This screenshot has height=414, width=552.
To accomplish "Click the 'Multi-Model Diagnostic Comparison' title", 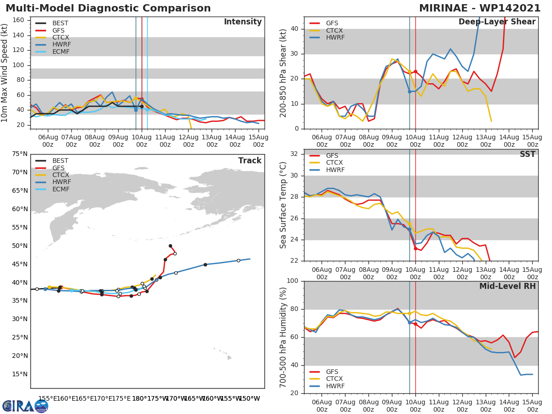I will point(108,8).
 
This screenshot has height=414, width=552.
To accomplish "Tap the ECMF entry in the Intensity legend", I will point(61,52).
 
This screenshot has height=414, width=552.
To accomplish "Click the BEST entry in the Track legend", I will point(60,161).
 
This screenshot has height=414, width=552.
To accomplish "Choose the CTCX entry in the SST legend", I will point(335,162).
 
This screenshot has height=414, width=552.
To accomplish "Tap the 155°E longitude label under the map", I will point(48,398).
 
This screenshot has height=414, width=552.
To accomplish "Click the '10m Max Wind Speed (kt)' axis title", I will point(5,73).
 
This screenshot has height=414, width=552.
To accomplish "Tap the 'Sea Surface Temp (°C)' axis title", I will point(283,205).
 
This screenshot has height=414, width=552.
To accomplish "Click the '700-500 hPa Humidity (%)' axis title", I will point(283,337).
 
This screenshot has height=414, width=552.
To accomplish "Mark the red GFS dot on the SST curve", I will point(415,248).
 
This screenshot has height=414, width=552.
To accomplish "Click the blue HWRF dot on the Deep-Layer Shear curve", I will point(409,92).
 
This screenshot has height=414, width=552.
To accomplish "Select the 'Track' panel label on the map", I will point(250,161).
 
